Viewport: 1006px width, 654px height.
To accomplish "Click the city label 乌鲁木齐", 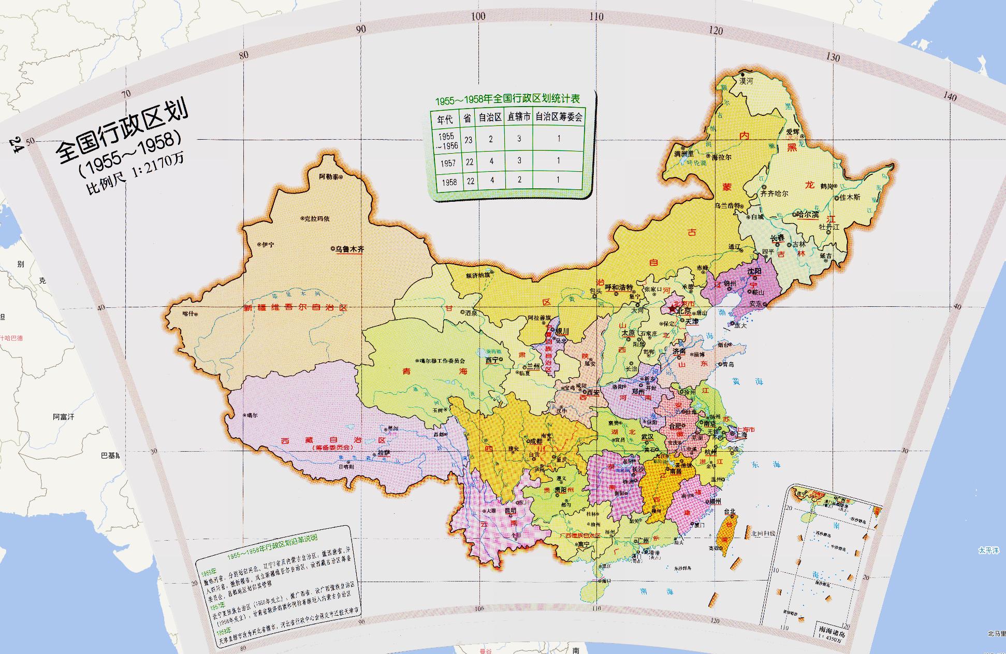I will pos(349,249).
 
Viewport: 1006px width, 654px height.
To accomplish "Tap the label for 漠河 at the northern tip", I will pos(746,81).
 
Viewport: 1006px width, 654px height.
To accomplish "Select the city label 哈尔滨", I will pos(808,215).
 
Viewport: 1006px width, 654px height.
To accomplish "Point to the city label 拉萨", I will pos(383,453).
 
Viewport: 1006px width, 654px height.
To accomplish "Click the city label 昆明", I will pos(510,511).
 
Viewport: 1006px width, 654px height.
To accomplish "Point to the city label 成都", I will pos(536,441).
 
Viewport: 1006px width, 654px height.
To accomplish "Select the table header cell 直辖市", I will pos(519,117).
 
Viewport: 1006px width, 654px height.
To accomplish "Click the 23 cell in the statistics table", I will pos(468,139).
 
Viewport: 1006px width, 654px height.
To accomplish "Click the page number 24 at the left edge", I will pos(15,145).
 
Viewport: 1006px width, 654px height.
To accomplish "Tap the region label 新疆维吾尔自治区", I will pos(296,307).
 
